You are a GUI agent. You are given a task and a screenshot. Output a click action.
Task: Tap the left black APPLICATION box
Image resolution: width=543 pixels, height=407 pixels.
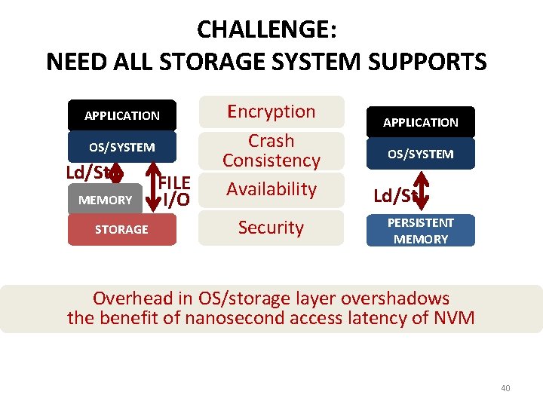[x=122, y=115]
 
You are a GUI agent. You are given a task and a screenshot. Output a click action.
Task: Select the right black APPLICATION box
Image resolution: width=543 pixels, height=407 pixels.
[x=420, y=122]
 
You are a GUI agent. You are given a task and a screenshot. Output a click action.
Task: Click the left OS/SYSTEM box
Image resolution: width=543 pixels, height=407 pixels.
[x=122, y=147]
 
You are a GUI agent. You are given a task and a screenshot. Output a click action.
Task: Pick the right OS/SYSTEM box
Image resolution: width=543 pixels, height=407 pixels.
[x=420, y=154]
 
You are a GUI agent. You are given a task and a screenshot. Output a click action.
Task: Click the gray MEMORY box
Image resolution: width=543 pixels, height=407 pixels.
[x=105, y=200]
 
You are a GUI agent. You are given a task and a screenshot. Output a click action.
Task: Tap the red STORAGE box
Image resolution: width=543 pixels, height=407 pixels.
[x=121, y=229]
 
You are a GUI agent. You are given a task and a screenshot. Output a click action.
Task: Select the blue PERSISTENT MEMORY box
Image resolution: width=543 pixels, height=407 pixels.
[x=420, y=231]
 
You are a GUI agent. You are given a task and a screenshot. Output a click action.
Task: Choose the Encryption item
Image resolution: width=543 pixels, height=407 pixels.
[x=271, y=112]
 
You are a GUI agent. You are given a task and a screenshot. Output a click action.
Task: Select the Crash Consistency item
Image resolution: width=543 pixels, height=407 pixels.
[x=271, y=151]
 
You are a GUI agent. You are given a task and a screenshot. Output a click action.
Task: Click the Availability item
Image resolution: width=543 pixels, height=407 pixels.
[x=271, y=189]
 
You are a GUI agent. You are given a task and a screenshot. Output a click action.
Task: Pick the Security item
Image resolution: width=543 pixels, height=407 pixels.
[x=271, y=228]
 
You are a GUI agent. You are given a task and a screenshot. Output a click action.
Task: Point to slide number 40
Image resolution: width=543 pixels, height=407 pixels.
[x=505, y=388]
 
